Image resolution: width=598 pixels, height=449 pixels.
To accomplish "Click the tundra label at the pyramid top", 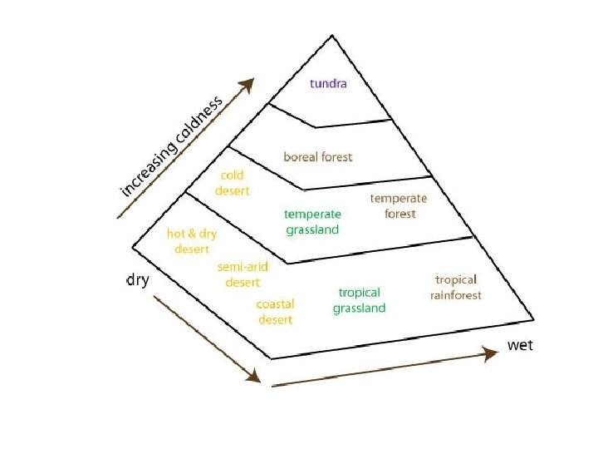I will click(328, 83).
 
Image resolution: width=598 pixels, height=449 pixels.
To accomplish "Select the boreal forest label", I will click(318, 156).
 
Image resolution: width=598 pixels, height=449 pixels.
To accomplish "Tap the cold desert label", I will click(232, 183).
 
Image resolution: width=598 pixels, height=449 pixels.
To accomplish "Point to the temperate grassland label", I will click(312, 222).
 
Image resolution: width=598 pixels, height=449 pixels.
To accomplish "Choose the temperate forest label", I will click(399, 206).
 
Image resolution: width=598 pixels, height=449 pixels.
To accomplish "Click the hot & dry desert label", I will click(192, 241).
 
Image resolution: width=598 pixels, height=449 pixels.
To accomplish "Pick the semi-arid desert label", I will click(243, 274).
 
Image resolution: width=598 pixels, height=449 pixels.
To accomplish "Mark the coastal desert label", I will click(275, 312).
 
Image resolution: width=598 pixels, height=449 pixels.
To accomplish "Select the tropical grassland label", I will click(360, 300).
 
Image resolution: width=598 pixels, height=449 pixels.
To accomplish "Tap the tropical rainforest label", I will click(456, 288).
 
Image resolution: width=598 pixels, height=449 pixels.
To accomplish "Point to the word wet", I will click(520, 345).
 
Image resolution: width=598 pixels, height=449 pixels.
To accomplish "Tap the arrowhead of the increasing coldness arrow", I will click(248, 84).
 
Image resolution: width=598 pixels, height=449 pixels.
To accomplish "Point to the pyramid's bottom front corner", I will click(272, 358).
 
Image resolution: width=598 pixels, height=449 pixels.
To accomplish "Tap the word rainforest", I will click(456, 295).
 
